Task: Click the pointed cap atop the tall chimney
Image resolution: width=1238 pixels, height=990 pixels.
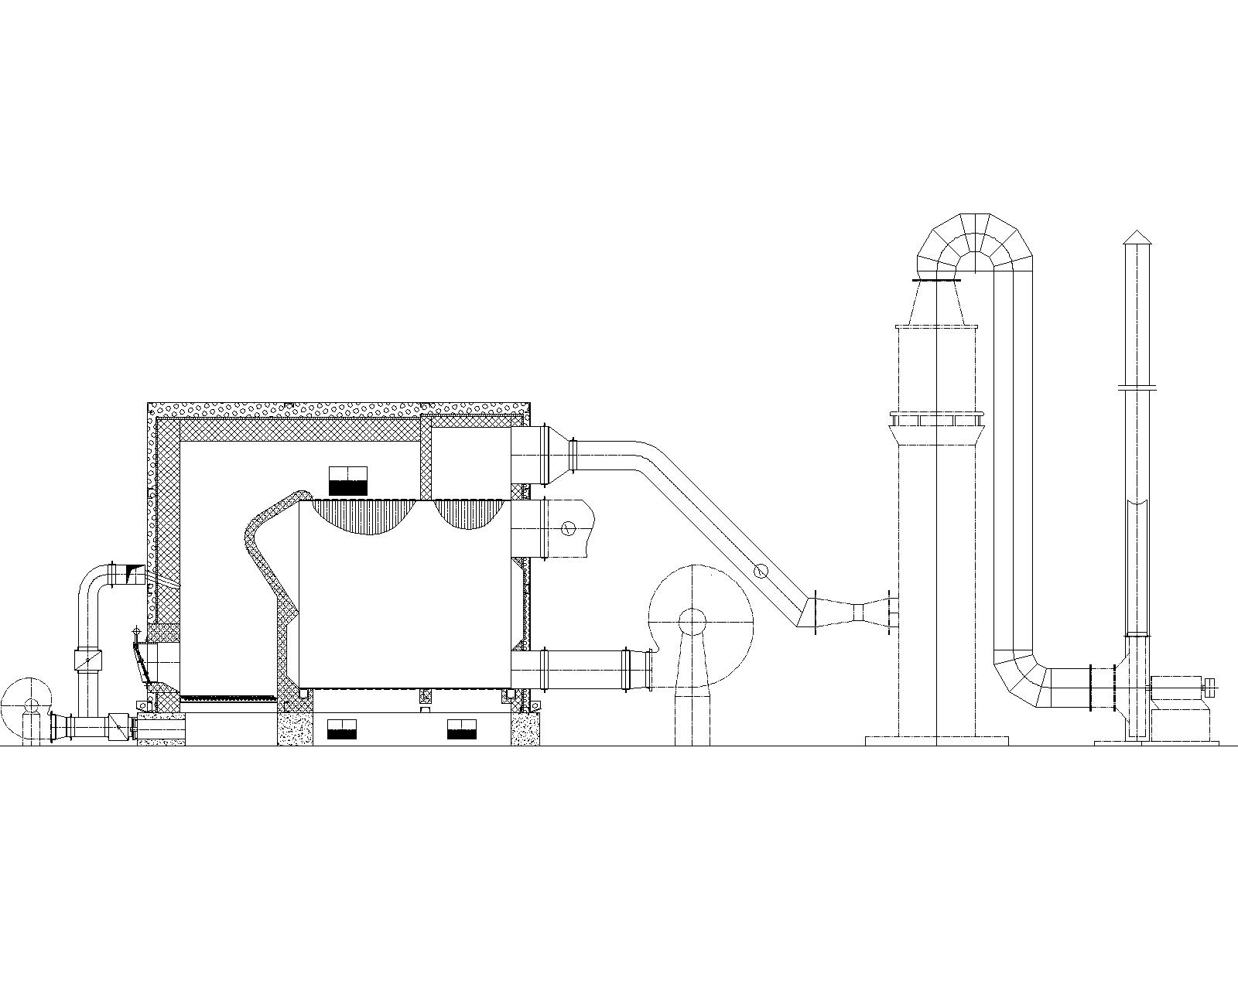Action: click(1135, 236)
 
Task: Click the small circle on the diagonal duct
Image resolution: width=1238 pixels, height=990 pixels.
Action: click(761, 571)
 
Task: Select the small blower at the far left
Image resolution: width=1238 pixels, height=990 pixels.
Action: click(26, 705)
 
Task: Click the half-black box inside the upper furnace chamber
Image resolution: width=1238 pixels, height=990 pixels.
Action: click(347, 480)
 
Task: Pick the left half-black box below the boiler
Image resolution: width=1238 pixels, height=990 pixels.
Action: click(341, 729)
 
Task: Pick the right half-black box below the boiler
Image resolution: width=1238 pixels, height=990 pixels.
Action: click(461, 729)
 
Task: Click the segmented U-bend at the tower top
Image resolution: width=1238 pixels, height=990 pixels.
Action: click(975, 240)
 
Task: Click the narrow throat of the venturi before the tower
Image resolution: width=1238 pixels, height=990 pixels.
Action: click(858, 613)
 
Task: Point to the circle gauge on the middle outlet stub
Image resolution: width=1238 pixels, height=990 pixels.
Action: click(568, 528)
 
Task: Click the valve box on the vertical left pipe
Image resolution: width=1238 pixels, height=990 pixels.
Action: click(87, 660)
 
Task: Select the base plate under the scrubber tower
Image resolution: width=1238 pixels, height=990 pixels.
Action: click(936, 741)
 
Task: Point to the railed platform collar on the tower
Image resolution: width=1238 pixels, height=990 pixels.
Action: click(935, 419)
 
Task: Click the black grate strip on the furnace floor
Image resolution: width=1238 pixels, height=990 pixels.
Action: click(228, 698)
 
